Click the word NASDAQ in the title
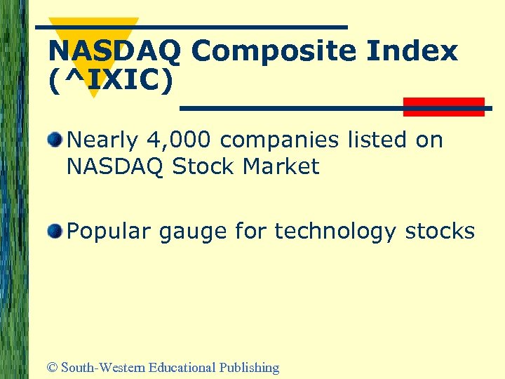pos(114,51)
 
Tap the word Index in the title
pos(417,51)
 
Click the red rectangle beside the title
pos(444,107)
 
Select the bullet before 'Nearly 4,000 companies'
pos(55,139)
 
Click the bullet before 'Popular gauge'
pos(55,230)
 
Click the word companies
pos(289,140)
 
